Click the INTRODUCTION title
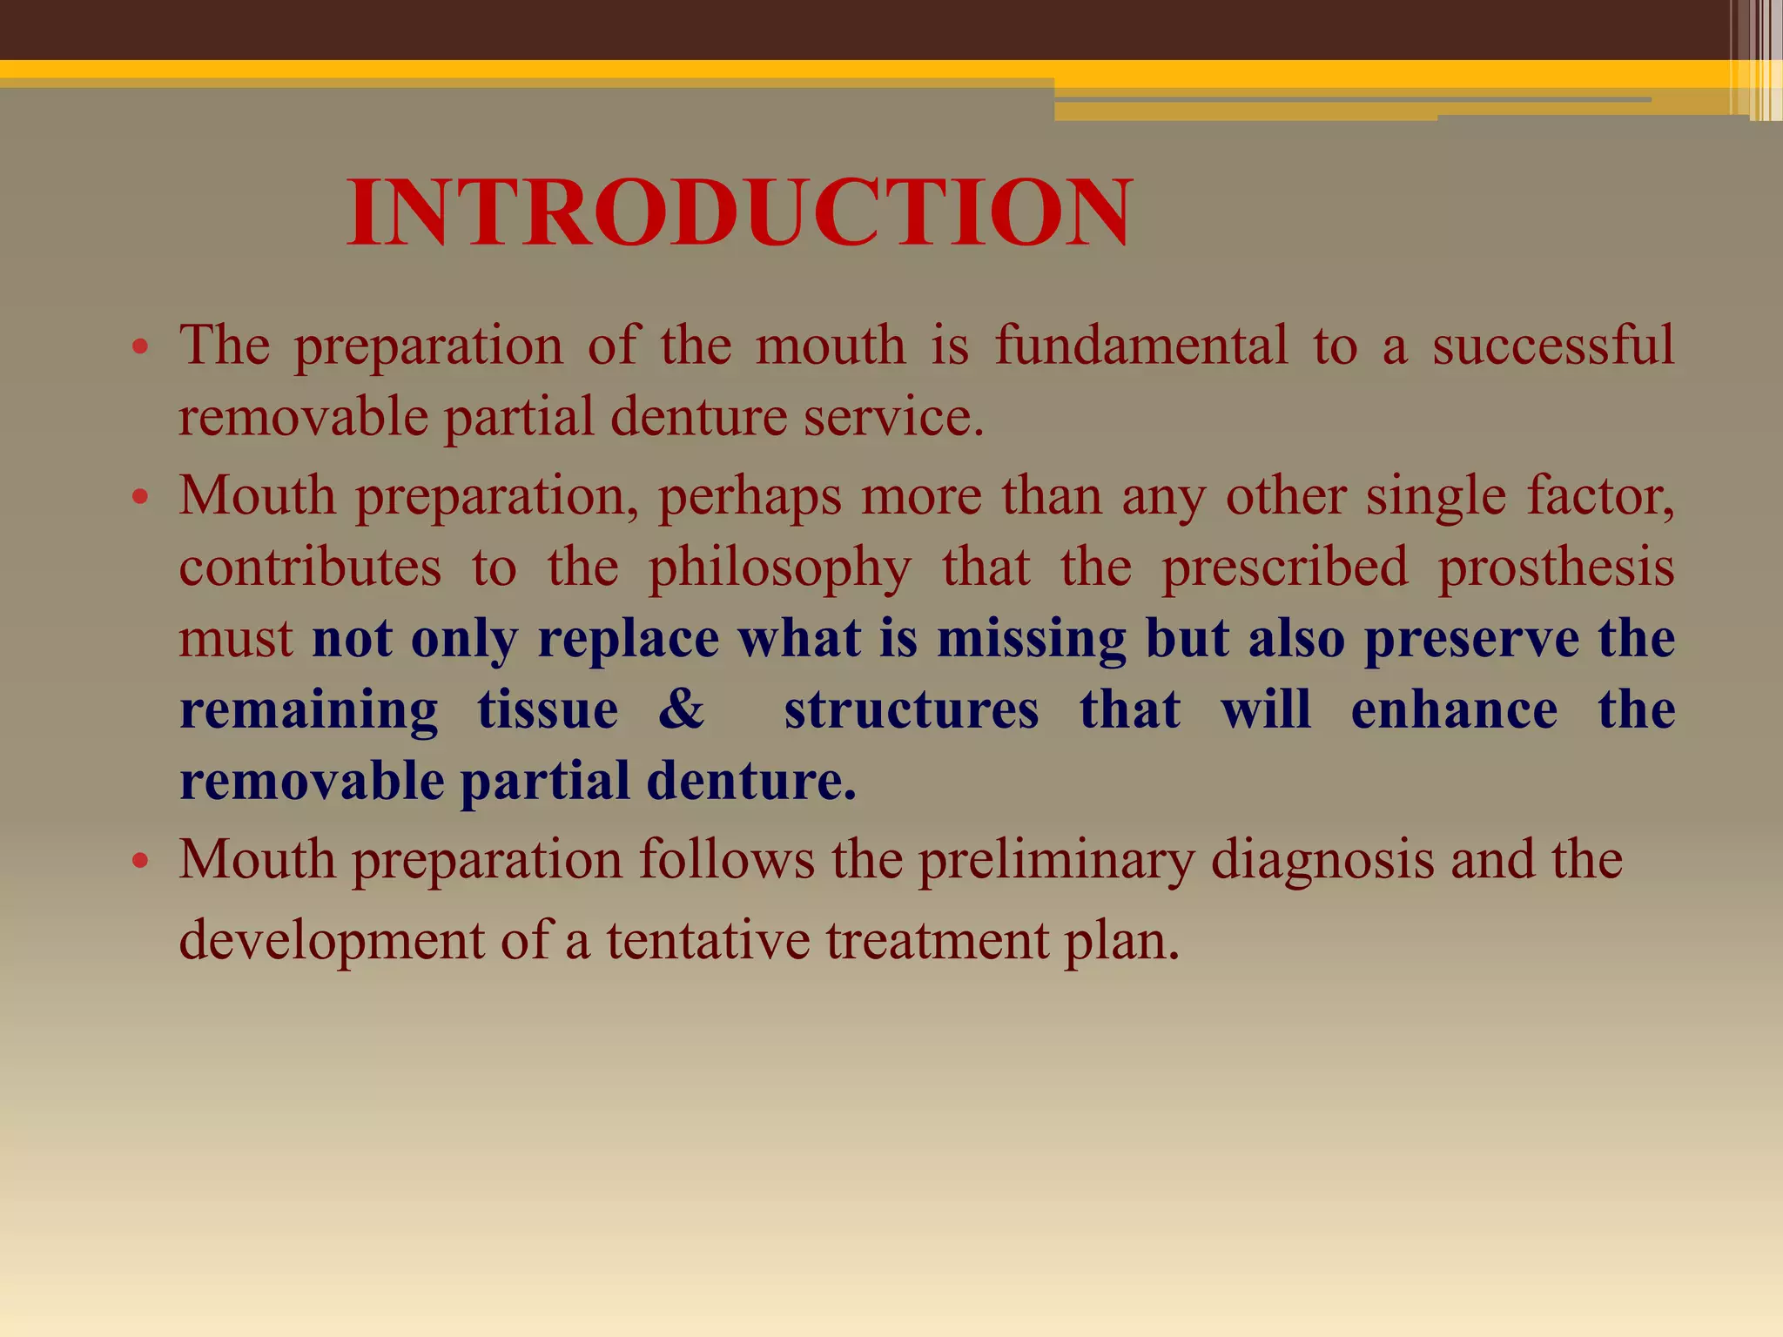click(740, 213)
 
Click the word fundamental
click(1140, 346)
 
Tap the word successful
click(1552, 346)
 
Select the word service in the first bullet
click(892, 418)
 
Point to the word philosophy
click(779, 568)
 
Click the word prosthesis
click(1556, 568)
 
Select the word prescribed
click(1284, 568)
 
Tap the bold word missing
click(1031, 640)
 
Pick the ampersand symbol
click(681, 709)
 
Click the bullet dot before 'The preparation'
click(141, 349)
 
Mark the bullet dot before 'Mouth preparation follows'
click(141, 863)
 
